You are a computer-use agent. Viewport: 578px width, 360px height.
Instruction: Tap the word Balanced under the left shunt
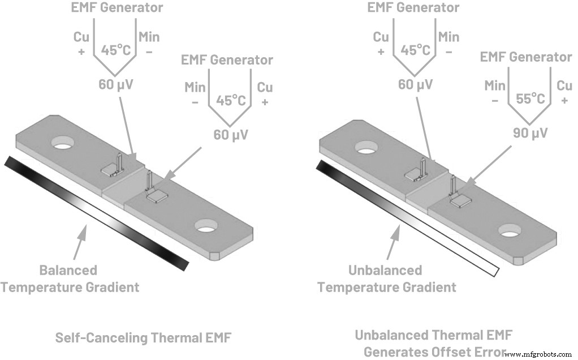(x=68, y=270)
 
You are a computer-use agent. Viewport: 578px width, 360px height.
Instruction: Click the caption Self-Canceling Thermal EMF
(x=143, y=338)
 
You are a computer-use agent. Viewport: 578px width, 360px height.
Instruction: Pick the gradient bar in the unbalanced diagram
(x=407, y=218)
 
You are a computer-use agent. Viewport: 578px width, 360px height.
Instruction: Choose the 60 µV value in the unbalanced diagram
(x=415, y=85)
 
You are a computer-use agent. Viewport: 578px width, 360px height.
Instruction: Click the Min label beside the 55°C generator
(x=495, y=86)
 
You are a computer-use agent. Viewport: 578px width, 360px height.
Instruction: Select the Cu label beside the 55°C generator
(x=564, y=86)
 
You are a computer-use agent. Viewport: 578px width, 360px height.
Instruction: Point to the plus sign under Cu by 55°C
(x=564, y=100)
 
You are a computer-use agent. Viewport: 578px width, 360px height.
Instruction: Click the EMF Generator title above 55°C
(x=525, y=57)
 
